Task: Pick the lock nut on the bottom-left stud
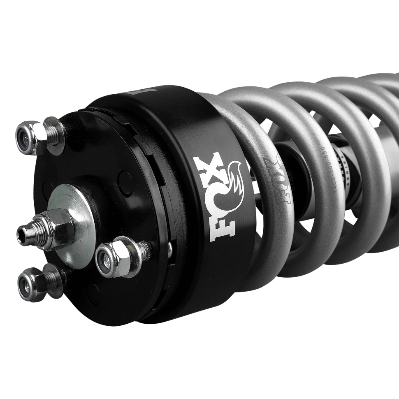coord(31,284)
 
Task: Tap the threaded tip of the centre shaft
coord(25,234)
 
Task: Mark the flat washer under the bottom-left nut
coord(53,280)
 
